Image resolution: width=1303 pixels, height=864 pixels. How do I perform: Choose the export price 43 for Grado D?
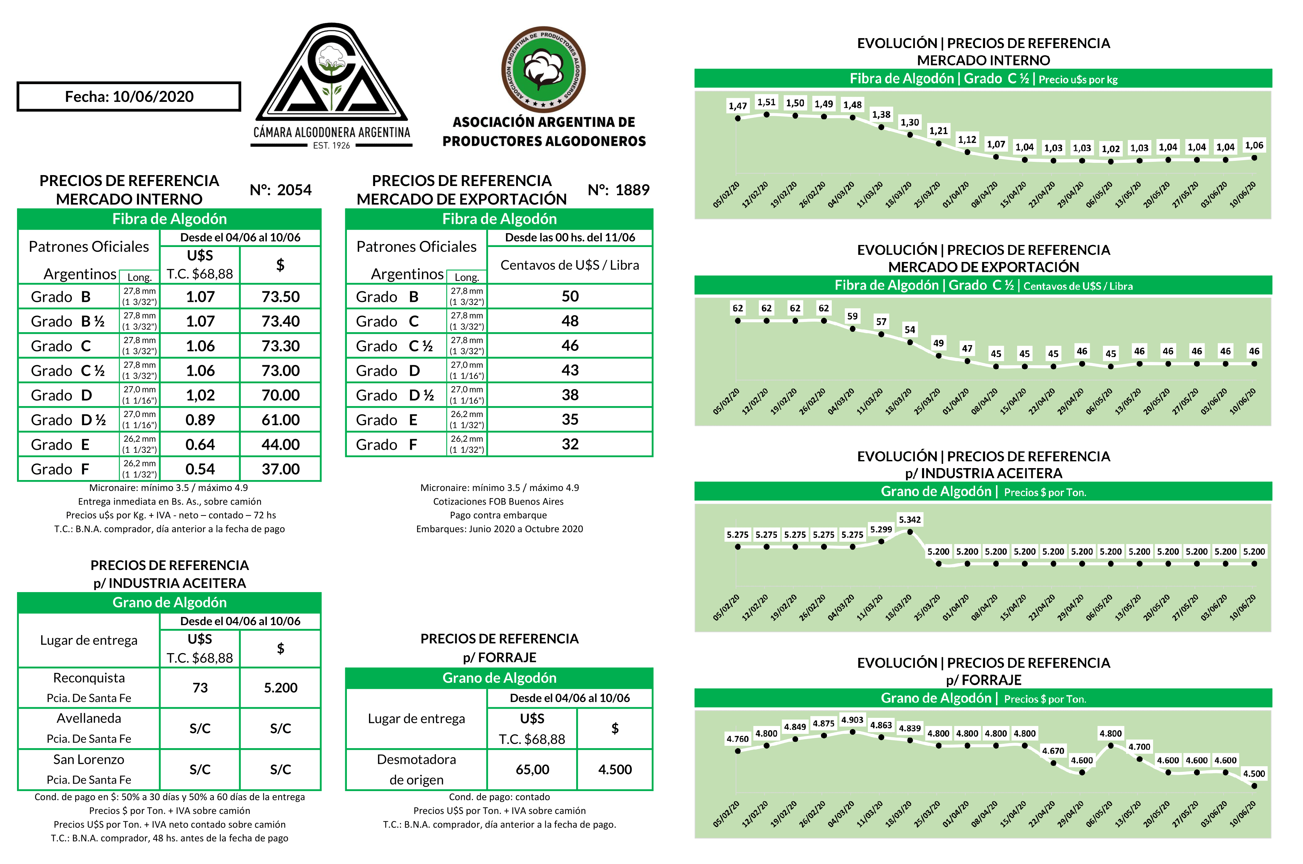570,370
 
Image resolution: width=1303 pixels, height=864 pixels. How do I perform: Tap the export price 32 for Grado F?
570,444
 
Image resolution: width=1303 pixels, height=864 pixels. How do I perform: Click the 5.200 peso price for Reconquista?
280,688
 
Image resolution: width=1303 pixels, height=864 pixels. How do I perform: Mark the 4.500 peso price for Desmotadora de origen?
615,770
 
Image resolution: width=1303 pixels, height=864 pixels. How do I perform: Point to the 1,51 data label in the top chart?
766,103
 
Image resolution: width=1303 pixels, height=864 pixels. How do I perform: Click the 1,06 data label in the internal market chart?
1254,145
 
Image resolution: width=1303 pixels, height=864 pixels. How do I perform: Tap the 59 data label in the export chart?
852,316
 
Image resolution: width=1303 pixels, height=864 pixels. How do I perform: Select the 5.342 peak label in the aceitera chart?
910,520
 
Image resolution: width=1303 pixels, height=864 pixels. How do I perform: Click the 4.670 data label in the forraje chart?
1053,751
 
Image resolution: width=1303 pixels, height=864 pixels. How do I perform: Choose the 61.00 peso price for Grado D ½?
280,420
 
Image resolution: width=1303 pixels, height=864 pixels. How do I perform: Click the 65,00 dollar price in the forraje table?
532,770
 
